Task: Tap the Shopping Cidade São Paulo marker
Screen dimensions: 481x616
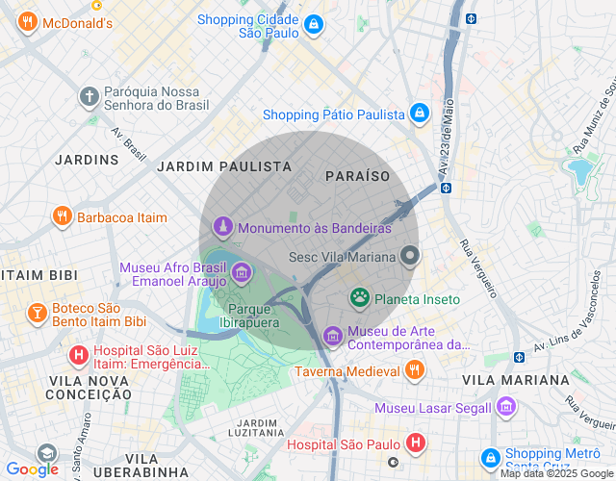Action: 312,27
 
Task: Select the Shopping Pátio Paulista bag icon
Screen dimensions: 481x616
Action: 419,114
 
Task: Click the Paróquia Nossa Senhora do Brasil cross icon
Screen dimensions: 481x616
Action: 89,97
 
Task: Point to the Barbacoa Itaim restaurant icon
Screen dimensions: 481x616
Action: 63,217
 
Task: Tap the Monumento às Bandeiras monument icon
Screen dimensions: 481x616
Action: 223,229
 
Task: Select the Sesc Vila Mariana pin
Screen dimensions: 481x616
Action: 410,257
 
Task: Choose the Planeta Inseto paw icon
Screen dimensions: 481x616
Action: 360,299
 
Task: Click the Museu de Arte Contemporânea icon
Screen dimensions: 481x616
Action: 332,336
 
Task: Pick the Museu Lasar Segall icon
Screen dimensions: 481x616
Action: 506,408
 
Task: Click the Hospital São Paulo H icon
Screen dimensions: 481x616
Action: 415,443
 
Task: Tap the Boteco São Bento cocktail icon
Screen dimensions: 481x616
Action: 37,314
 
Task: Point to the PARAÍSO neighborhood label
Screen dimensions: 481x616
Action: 358,176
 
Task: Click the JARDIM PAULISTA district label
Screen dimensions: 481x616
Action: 224,166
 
